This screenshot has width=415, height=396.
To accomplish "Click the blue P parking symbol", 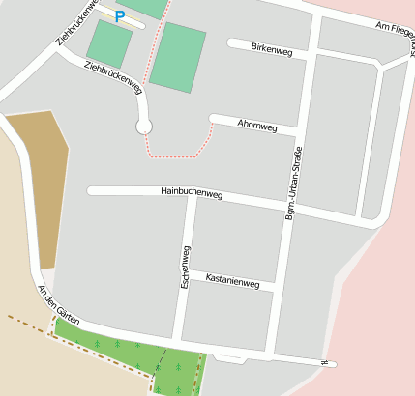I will click(x=120, y=16).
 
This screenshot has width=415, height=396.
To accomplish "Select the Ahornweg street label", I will click(x=257, y=127).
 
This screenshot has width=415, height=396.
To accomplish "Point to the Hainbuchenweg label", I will click(x=192, y=193).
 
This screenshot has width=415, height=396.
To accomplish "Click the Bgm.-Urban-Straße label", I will click(x=292, y=184).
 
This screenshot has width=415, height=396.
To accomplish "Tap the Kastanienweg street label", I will click(x=232, y=282).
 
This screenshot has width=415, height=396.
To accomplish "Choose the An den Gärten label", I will click(x=57, y=304).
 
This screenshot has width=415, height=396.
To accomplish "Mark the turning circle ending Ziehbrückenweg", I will click(x=144, y=126).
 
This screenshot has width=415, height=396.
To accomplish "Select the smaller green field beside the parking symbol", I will click(x=109, y=43).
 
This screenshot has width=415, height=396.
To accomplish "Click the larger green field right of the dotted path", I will click(x=178, y=57).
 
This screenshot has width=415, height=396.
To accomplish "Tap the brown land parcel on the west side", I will click(x=41, y=184).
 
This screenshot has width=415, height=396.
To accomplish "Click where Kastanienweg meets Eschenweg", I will click(x=184, y=276).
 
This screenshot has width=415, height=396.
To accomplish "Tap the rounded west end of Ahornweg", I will click(x=214, y=119).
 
